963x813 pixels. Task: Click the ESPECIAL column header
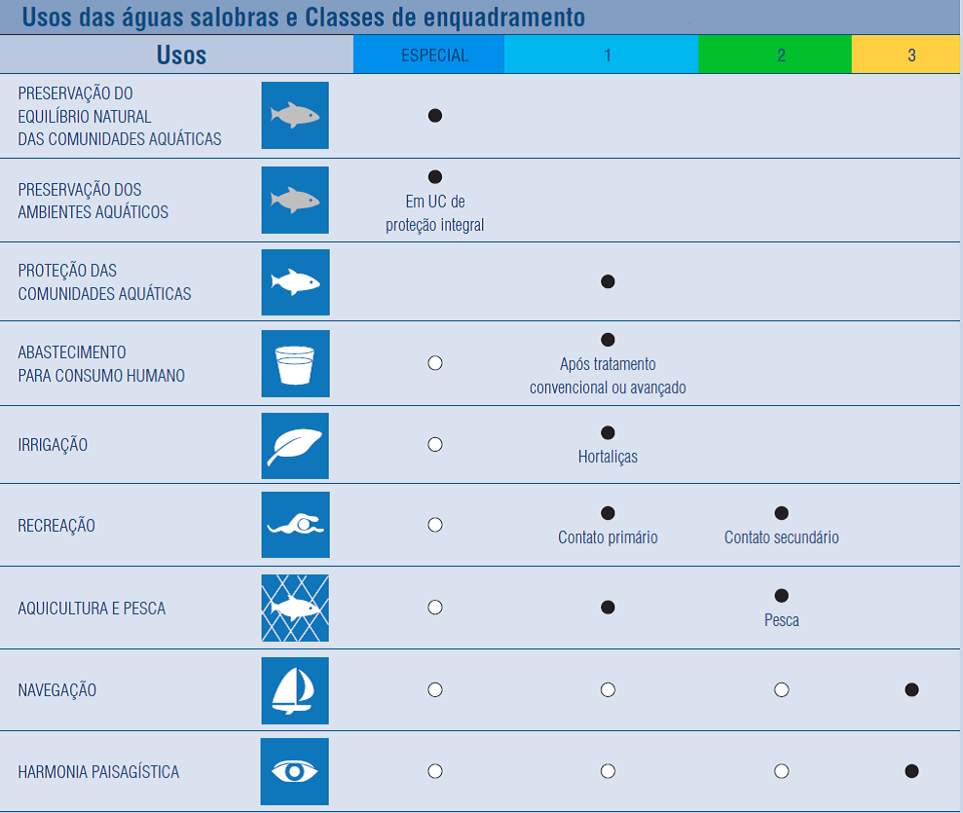(x=434, y=55)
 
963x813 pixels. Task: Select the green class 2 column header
(x=781, y=55)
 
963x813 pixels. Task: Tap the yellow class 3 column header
(x=910, y=55)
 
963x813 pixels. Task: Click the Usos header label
(x=181, y=55)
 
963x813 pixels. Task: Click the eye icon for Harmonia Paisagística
(x=295, y=771)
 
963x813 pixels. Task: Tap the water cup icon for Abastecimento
(x=295, y=363)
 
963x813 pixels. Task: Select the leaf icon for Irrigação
(x=295, y=445)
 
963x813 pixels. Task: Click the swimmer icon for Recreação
(x=295, y=526)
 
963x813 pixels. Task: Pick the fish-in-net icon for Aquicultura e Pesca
(x=295, y=608)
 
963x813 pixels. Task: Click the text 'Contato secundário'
(x=781, y=537)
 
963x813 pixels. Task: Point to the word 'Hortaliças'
(x=608, y=457)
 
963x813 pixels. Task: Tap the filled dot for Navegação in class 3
(x=911, y=689)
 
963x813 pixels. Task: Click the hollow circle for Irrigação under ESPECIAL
(x=435, y=444)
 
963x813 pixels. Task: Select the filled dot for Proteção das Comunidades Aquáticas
(x=608, y=281)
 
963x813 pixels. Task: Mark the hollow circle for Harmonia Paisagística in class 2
(x=781, y=771)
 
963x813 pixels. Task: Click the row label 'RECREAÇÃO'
(x=56, y=526)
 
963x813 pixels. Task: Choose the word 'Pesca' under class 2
(x=781, y=619)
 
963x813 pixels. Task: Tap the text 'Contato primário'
(x=608, y=537)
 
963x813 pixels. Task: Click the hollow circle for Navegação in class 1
(x=608, y=689)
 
